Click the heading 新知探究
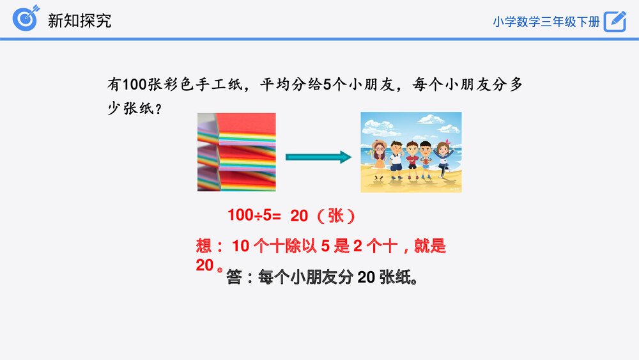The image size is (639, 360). coord(79,20)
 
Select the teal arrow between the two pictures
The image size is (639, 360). coord(318,157)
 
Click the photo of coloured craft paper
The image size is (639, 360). coord(236,152)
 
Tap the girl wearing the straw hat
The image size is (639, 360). coord(379,157)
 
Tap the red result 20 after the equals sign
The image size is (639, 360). coord(299,216)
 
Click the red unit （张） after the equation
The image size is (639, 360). coord(335,216)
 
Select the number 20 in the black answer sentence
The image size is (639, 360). coord(366,278)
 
